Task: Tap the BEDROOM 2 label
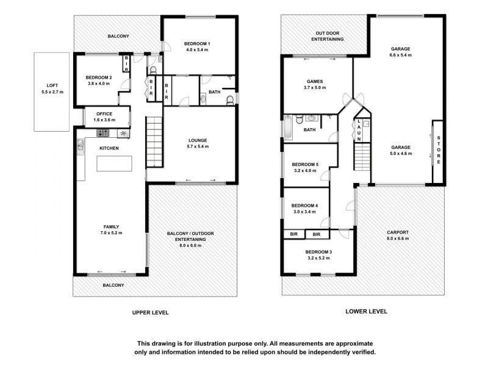98,77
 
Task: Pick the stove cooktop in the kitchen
102,132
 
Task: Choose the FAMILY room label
110,226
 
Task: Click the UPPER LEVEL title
150,312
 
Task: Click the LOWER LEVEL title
366,311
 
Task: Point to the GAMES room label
315,81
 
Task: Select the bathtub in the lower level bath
287,127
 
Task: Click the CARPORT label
398,232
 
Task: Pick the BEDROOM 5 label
305,164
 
